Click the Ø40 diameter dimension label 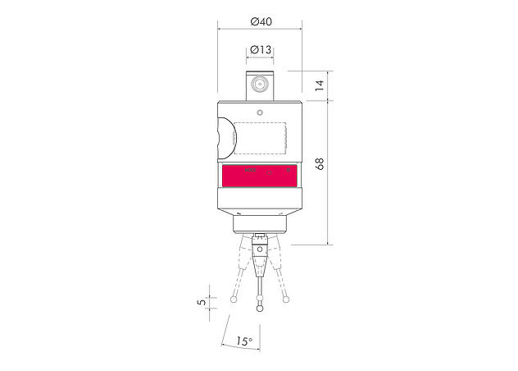(x=261, y=21)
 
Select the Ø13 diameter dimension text (x=261, y=50)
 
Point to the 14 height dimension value (x=319, y=85)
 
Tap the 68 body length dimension (x=320, y=164)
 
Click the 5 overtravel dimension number (x=201, y=302)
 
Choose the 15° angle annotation (x=244, y=341)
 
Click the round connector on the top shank (x=259, y=84)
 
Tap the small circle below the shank (x=260, y=112)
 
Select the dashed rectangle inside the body (x=260, y=138)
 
